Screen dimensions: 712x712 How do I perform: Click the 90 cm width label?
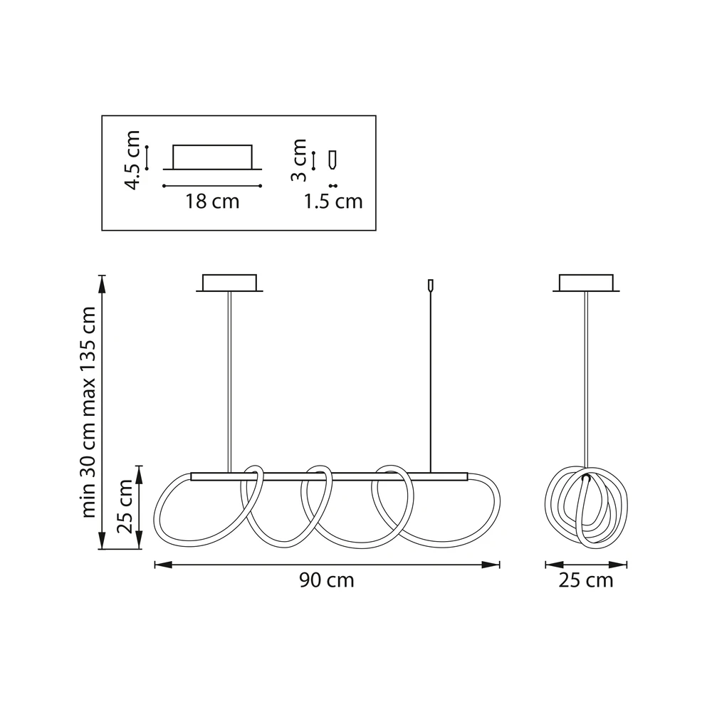point(327,580)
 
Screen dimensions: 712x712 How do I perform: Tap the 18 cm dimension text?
point(212,201)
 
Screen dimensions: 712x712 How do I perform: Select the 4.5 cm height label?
point(132,159)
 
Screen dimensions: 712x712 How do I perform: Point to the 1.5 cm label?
point(333,201)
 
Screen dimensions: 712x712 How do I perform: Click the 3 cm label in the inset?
point(298,159)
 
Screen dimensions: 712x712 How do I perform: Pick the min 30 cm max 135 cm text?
point(88,412)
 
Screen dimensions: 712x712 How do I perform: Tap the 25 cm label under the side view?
point(586,580)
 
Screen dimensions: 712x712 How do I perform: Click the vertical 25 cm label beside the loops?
point(125,506)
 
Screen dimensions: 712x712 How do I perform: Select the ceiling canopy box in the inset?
point(212,157)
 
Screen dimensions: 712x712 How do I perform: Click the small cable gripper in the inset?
point(333,159)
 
